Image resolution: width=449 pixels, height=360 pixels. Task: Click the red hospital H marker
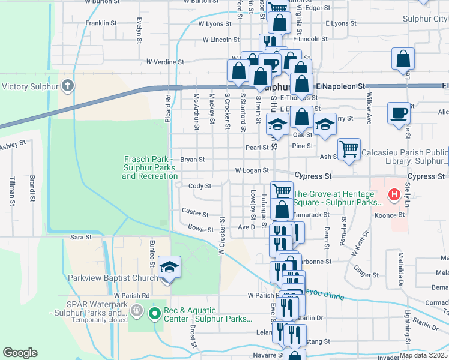click(394, 194)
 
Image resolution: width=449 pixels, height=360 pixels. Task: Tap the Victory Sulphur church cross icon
click(68, 86)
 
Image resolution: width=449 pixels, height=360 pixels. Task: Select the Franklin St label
click(101, 23)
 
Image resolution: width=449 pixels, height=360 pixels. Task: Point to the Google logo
click(20, 352)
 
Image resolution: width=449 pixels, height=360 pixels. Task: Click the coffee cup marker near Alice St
click(399, 113)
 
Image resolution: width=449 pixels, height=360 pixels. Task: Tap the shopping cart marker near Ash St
click(349, 148)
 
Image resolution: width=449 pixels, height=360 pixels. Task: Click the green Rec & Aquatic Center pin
click(154, 313)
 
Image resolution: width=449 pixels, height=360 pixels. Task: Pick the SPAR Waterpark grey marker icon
click(137, 310)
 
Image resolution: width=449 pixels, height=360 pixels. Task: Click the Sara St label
click(81, 238)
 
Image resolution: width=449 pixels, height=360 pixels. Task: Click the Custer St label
click(195, 214)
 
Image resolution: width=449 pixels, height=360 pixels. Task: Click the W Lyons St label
click(214, 24)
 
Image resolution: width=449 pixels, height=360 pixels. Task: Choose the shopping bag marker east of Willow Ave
click(403, 59)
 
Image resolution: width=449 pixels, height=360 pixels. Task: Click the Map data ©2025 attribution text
click(424, 355)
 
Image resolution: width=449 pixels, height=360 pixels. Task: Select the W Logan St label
click(252, 170)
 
